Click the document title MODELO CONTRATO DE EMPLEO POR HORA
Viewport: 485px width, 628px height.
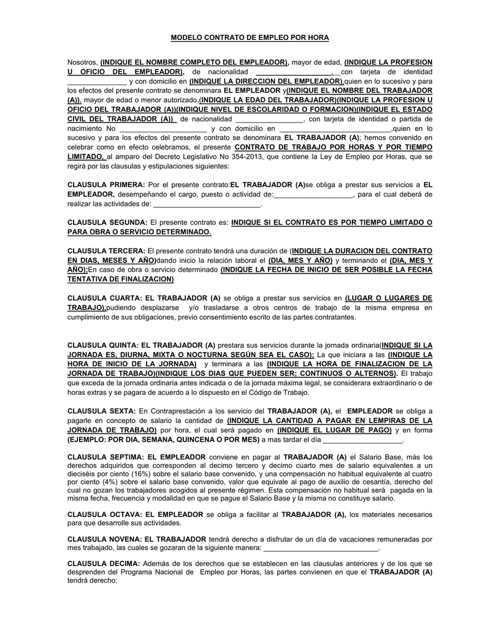tap(250, 38)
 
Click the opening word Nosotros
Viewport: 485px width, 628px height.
tap(82, 63)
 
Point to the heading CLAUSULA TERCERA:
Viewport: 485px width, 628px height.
tap(106, 251)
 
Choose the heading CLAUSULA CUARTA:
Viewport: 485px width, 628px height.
tap(104, 297)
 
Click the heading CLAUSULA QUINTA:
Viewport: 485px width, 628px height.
tap(102, 345)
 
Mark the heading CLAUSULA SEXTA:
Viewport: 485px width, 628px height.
tap(101, 410)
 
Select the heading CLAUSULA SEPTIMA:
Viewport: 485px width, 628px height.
tap(105, 457)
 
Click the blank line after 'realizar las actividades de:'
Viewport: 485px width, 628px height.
tap(207, 204)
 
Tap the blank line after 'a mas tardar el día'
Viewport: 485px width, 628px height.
tap(362, 440)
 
